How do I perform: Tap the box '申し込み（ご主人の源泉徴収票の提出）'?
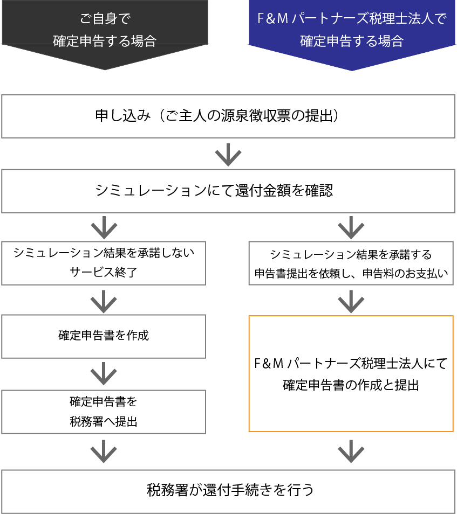pyautogui.click(x=228, y=116)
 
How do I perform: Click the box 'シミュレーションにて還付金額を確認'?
pyautogui.click(x=228, y=191)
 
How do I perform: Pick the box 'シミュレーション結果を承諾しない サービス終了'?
pyautogui.click(x=104, y=262)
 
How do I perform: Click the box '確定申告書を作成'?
pyautogui.click(x=104, y=336)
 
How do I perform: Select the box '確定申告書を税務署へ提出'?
pyautogui.click(x=104, y=412)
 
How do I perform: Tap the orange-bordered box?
pyautogui.click(x=351, y=373)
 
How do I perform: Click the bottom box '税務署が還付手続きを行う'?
pyautogui.click(x=228, y=491)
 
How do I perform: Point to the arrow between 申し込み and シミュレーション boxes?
pyautogui.click(x=228, y=155)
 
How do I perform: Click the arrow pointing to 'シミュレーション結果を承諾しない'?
pyautogui.click(x=104, y=227)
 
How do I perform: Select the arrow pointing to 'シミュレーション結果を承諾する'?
pyautogui.click(x=351, y=227)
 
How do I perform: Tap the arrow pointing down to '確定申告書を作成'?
pyautogui.click(x=104, y=301)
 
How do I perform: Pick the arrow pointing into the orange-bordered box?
pyautogui.click(x=351, y=301)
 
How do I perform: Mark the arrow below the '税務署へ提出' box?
pyautogui.click(x=104, y=452)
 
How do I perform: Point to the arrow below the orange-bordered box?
pyautogui.click(x=351, y=452)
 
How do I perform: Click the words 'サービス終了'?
pyautogui.click(x=104, y=272)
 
